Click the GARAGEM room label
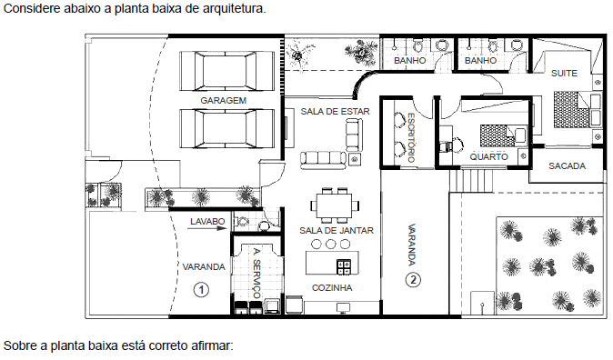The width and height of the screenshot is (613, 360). click(223, 101)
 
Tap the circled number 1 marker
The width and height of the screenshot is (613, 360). click(201, 290)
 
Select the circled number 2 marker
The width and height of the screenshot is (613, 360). click(413, 280)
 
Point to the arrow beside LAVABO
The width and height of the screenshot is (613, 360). click(207, 228)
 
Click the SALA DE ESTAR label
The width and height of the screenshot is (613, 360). click(335, 112)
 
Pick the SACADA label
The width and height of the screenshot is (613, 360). click(567, 166)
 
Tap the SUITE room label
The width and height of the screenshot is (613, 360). click(564, 73)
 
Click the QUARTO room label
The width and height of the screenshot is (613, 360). click(488, 156)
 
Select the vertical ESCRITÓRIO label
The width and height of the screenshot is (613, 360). click(411, 137)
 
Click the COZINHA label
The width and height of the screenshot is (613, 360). click(332, 287)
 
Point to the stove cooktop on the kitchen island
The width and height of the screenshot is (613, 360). click(344, 267)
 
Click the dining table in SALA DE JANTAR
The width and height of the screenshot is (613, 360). click(335, 205)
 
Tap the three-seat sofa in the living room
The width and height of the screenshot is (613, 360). click(323, 159)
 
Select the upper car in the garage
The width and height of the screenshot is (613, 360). click(226, 71)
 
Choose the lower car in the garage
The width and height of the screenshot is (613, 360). click(226, 128)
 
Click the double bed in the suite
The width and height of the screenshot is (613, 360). click(577, 109)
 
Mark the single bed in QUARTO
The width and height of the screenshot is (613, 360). click(503, 135)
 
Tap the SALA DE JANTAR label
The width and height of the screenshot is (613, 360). click(337, 231)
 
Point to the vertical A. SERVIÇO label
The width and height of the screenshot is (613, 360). click(256, 273)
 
